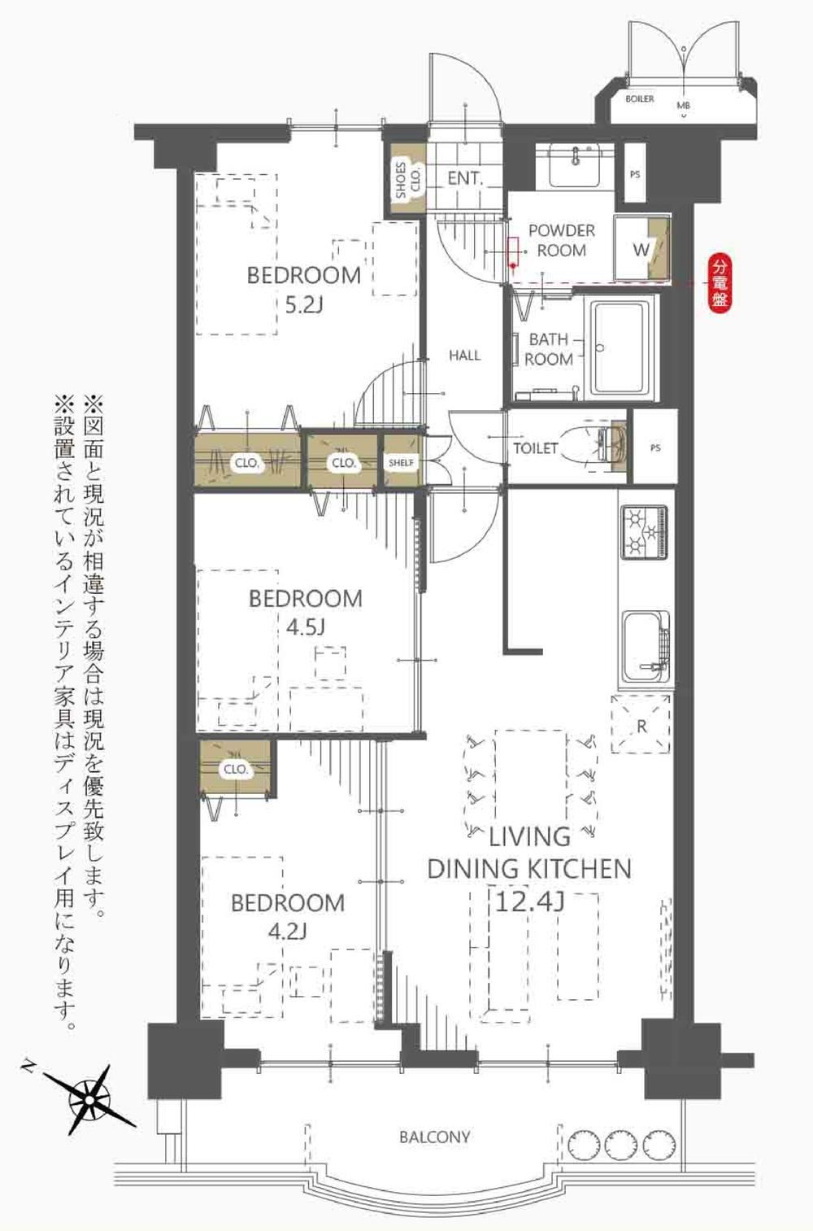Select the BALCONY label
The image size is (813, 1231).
pos(434,1135)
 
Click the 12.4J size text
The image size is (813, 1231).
pos(530,901)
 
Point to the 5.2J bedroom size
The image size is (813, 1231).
pos(303,303)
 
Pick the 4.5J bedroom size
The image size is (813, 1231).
pos(305,626)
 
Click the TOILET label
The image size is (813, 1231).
pos(535,447)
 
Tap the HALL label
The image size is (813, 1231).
pos(464,355)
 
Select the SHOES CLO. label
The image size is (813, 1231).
pos(408,179)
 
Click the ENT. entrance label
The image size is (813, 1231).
pos(465,178)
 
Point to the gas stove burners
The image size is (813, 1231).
pos(644,531)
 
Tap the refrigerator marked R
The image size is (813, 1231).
pos(641,724)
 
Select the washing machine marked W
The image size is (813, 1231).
pos(641,249)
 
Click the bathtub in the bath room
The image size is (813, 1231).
pos(623,347)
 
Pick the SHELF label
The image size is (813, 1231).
pos(401,463)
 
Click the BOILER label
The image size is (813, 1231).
pos(640,99)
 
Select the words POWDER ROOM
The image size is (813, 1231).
pos(562,240)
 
